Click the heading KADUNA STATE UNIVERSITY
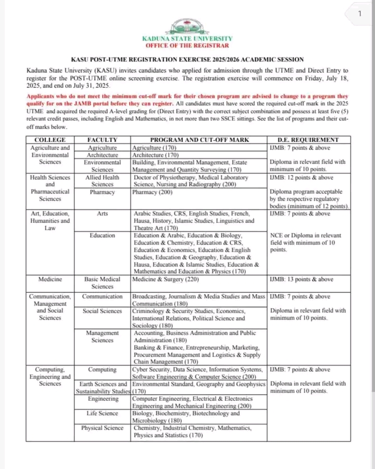(187, 39)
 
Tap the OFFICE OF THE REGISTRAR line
(187, 45)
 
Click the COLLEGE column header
(49, 140)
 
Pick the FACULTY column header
(102, 140)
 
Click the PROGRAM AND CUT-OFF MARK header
(199, 140)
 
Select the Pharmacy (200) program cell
(152, 192)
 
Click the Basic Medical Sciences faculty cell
(102, 283)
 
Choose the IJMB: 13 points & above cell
(301, 280)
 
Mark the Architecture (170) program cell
(155, 155)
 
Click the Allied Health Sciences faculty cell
(102, 181)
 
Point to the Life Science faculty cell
(102, 413)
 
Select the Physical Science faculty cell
(102, 428)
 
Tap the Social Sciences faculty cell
(102, 311)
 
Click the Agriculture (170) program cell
(154, 148)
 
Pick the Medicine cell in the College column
(49, 280)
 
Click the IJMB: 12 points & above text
(301, 177)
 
